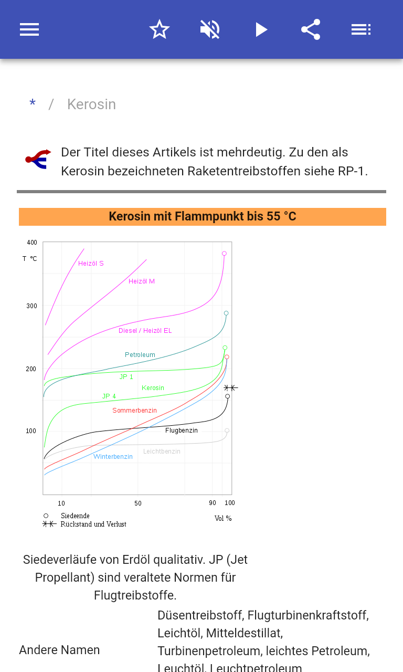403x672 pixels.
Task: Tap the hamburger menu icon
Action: pyautogui.click(x=29, y=29)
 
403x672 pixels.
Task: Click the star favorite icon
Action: pyautogui.click(x=160, y=29)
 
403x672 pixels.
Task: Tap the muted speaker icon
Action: pyautogui.click(x=210, y=29)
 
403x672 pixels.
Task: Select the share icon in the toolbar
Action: pyautogui.click(x=311, y=29)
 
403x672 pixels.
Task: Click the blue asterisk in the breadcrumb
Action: pyautogui.click(x=33, y=104)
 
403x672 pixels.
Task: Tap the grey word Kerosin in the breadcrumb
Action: pyautogui.click(x=91, y=104)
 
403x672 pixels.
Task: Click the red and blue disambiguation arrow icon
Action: pyautogui.click(x=38, y=159)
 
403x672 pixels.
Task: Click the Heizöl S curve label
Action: pyautogui.click(x=91, y=264)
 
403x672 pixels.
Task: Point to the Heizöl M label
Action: pyautogui.click(x=142, y=281)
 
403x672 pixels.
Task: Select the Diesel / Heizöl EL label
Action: pyautogui.click(x=145, y=331)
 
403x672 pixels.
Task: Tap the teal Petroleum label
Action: pyautogui.click(x=140, y=355)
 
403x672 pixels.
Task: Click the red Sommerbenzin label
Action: pyautogui.click(x=134, y=411)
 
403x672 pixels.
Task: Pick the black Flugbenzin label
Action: pyautogui.click(x=182, y=430)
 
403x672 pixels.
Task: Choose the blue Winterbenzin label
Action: pyautogui.click(x=113, y=457)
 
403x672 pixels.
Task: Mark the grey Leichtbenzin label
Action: pyautogui.click(x=162, y=451)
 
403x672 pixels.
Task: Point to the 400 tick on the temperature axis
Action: pyautogui.click(x=32, y=243)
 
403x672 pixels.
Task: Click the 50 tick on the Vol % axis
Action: pyautogui.click(x=137, y=503)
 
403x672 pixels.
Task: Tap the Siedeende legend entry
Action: pyautogui.click(x=75, y=516)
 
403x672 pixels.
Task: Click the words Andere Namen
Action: pyautogui.click(x=59, y=650)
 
